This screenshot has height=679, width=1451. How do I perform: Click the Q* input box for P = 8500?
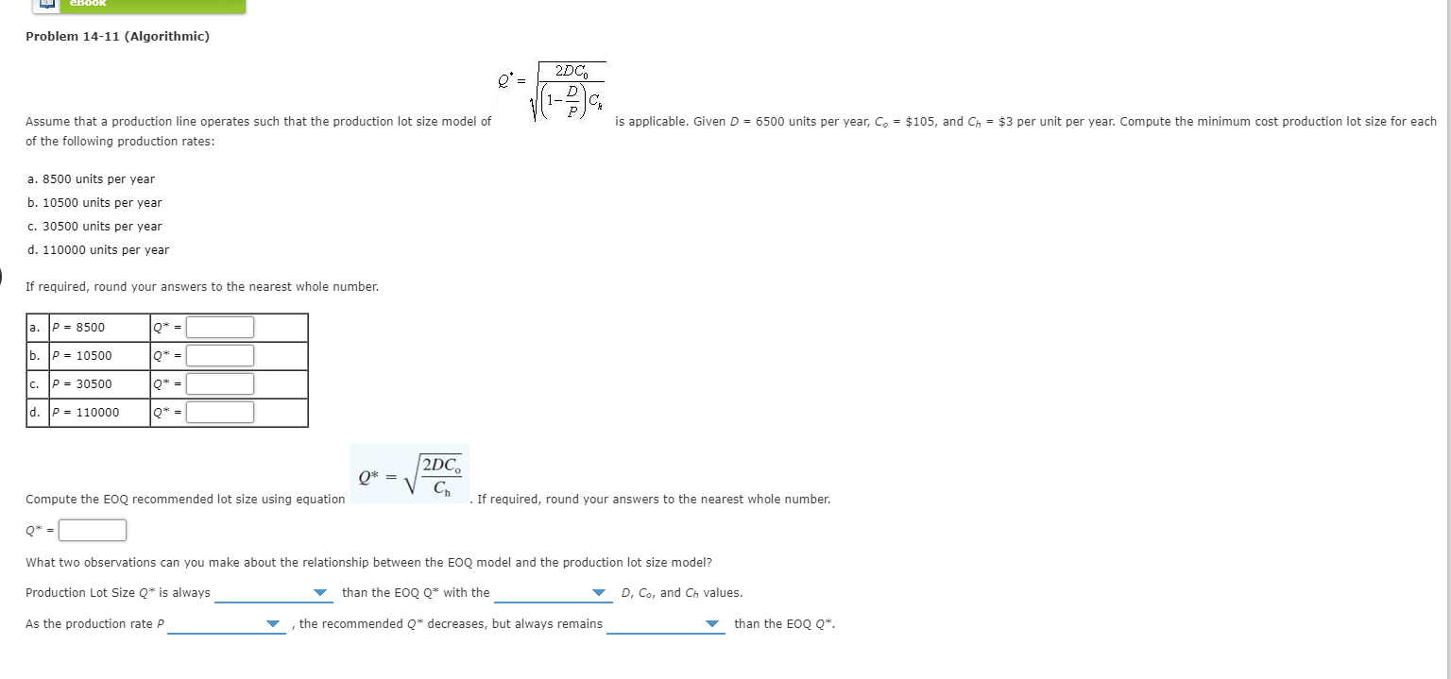220,328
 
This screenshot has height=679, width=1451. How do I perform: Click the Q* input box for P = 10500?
220,356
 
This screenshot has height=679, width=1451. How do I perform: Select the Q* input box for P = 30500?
220,384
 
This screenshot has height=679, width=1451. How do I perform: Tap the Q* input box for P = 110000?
220,413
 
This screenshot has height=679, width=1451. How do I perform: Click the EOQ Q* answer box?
93,531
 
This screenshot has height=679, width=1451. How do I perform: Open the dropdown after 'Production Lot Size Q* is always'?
272,593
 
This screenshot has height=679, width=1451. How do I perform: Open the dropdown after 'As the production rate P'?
226,623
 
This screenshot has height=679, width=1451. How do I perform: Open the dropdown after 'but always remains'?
666,623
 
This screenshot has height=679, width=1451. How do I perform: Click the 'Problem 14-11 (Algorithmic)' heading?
117,37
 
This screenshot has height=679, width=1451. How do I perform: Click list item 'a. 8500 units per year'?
91,179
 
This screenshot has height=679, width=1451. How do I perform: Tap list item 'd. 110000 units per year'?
98,250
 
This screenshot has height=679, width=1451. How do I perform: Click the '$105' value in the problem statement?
922,122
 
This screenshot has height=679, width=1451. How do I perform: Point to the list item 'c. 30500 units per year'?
94,227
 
